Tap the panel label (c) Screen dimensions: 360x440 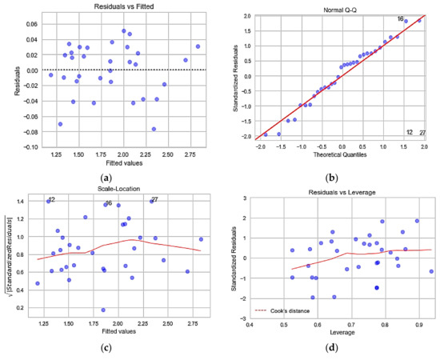click(107, 350)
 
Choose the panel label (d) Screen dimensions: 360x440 click(330, 350)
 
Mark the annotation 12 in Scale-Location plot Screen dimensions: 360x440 click(51, 200)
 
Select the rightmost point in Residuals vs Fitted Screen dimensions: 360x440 click(198, 46)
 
